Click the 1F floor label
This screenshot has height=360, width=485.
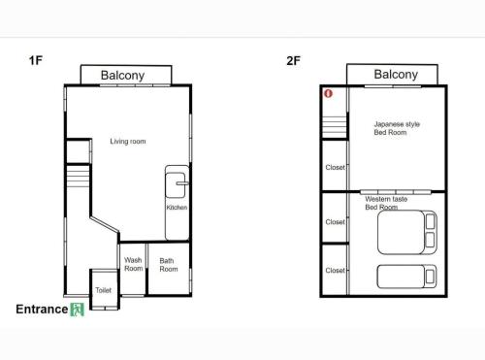coord(36,60)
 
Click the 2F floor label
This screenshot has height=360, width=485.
coord(293,61)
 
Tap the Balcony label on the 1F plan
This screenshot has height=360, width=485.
coord(122,76)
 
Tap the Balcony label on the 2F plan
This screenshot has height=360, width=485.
coord(396,75)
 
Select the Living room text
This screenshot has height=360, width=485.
coord(128,142)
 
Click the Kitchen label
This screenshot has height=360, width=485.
coord(177,208)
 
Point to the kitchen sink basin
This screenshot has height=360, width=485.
coord(176,185)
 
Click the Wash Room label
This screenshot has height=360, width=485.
coord(133,264)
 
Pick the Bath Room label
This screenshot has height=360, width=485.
coord(169,265)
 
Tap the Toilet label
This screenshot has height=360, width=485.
coord(104,290)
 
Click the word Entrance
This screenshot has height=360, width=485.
coord(42,310)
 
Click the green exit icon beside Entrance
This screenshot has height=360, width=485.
coord(78,310)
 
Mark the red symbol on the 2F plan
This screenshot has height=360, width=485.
coord(328,94)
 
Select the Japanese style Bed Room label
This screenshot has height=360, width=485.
coord(397,128)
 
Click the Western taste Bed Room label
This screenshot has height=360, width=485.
coord(386,203)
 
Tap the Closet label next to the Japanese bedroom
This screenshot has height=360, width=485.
coord(336,167)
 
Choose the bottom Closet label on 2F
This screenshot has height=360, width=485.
coord(336,270)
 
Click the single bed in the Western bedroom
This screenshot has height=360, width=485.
coord(407,277)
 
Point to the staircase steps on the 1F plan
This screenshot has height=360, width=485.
coord(78,176)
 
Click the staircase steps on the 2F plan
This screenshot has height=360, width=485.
coord(335,127)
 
